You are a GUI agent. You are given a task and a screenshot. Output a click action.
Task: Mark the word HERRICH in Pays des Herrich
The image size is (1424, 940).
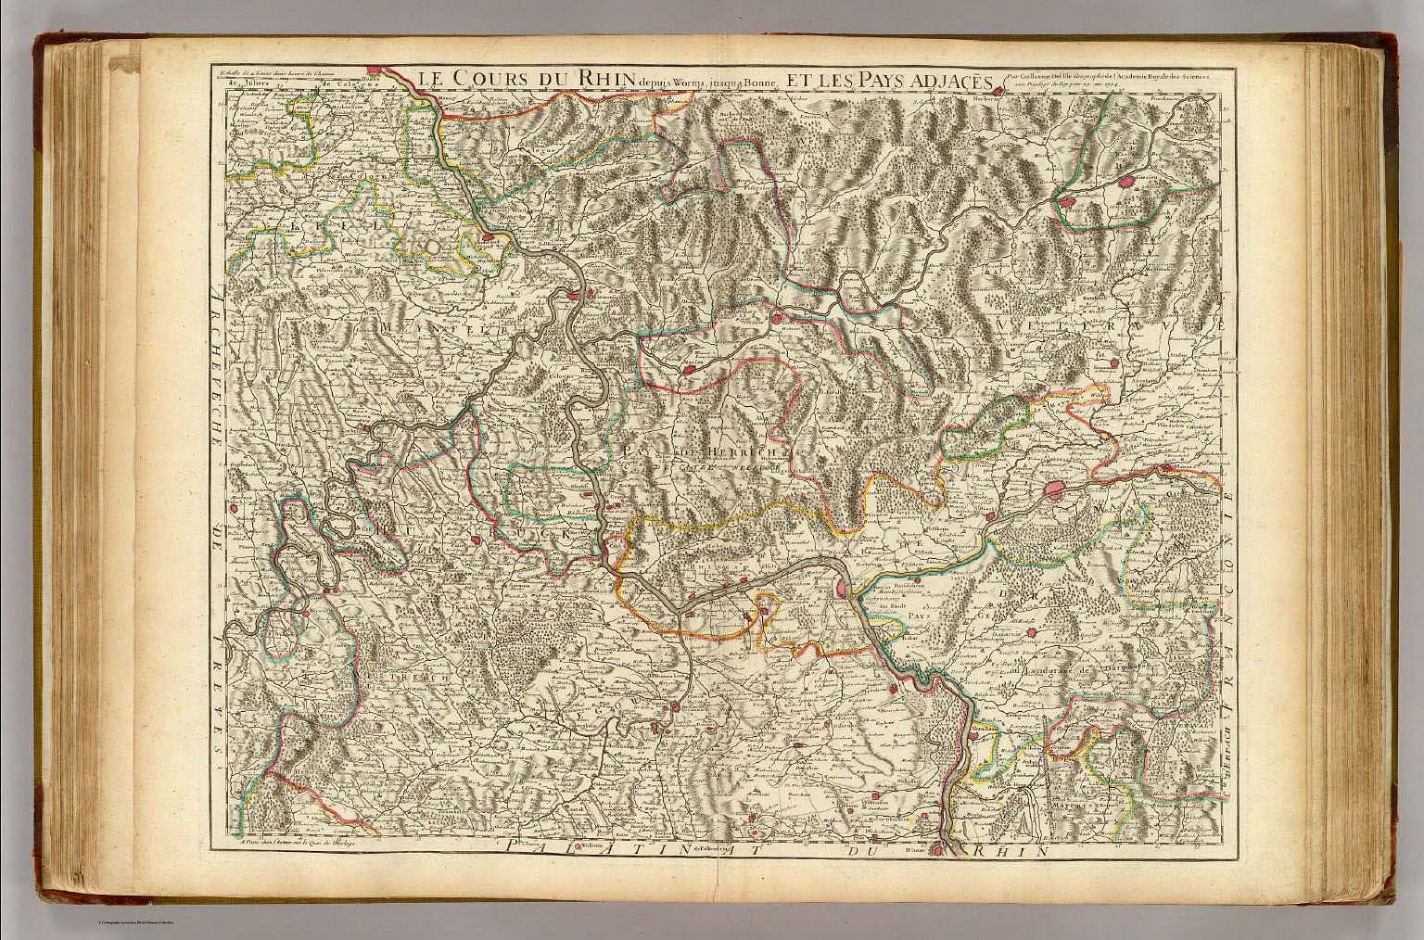click(732, 451)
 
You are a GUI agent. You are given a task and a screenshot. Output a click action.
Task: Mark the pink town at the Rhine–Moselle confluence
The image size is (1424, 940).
click(575, 295)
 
